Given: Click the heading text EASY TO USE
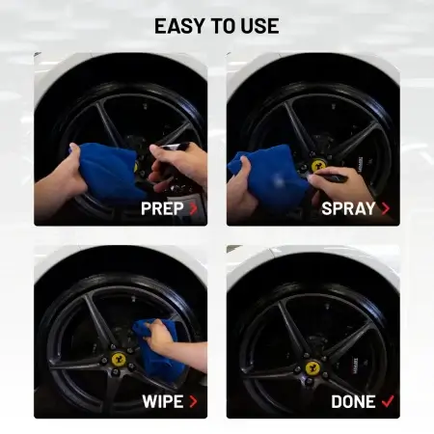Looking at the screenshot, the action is (217, 26).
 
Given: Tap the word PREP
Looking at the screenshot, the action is (162, 208).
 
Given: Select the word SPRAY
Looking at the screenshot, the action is (348, 208).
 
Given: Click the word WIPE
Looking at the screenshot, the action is (163, 401).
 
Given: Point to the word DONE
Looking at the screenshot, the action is (353, 401).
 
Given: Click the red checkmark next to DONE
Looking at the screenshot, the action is (388, 401).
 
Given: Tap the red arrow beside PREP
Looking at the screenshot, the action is (193, 208).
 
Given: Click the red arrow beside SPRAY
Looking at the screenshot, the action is (386, 208).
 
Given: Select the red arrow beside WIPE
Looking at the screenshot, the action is (193, 401).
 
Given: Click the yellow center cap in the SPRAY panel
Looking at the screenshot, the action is (318, 166).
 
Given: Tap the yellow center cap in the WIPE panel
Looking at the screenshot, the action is (119, 359).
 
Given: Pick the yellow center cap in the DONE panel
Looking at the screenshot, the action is (312, 368).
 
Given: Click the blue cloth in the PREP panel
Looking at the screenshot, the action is (109, 172).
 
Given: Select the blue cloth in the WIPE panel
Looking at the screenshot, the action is (157, 349).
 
